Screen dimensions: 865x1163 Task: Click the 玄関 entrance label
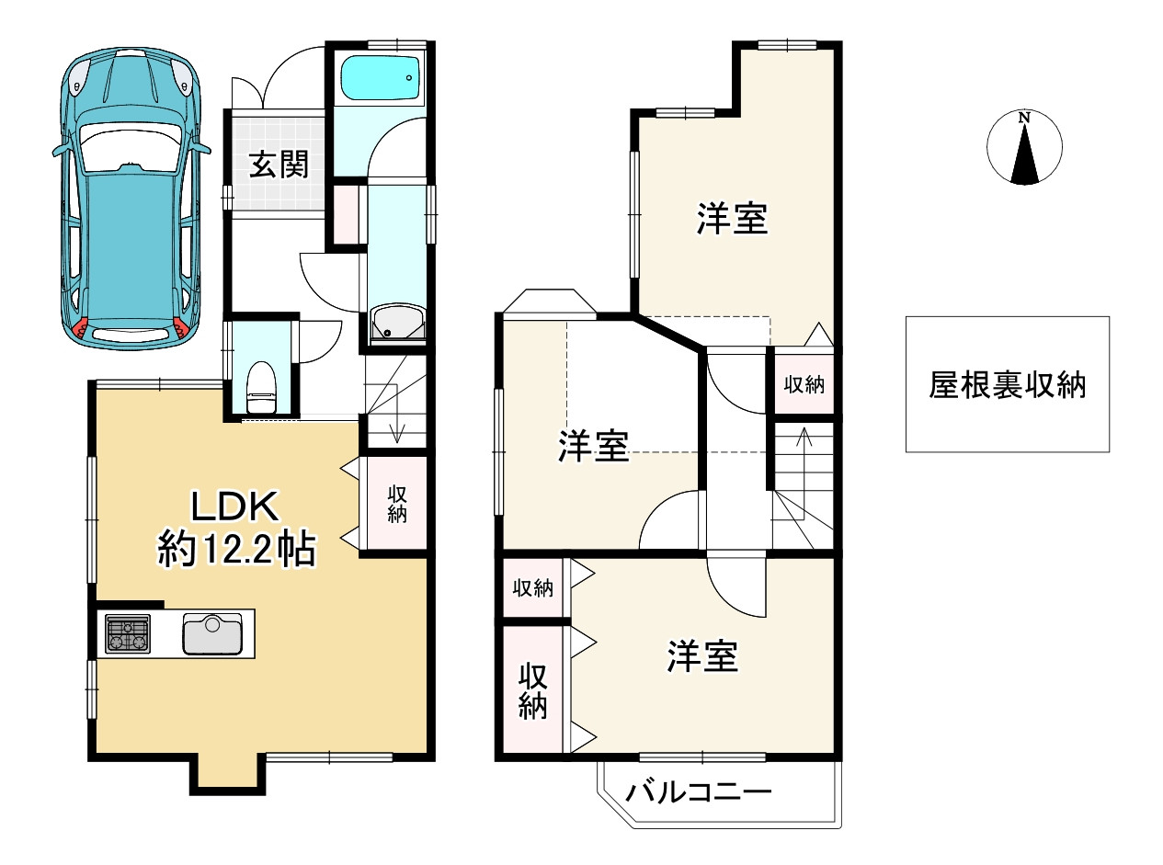(x=276, y=165)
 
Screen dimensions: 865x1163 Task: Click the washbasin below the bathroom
(x=397, y=324)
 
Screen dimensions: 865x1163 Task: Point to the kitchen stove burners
(x=128, y=634)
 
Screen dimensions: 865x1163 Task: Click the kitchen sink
(x=211, y=633)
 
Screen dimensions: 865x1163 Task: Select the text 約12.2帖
(x=236, y=550)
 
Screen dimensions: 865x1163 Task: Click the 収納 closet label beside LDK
(x=396, y=504)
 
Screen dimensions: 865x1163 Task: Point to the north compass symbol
(x=1023, y=148)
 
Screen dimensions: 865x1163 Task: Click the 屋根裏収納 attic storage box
(x=1007, y=384)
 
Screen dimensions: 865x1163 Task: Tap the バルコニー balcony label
(x=699, y=791)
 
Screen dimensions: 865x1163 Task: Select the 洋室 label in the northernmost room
(x=732, y=219)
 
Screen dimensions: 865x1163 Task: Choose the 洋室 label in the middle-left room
(x=593, y=447)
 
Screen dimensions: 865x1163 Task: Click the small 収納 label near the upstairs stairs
(x=803, y=384)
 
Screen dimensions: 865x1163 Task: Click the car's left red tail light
(x=81, y=327)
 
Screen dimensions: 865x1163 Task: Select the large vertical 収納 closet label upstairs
(x=532, y=691)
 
